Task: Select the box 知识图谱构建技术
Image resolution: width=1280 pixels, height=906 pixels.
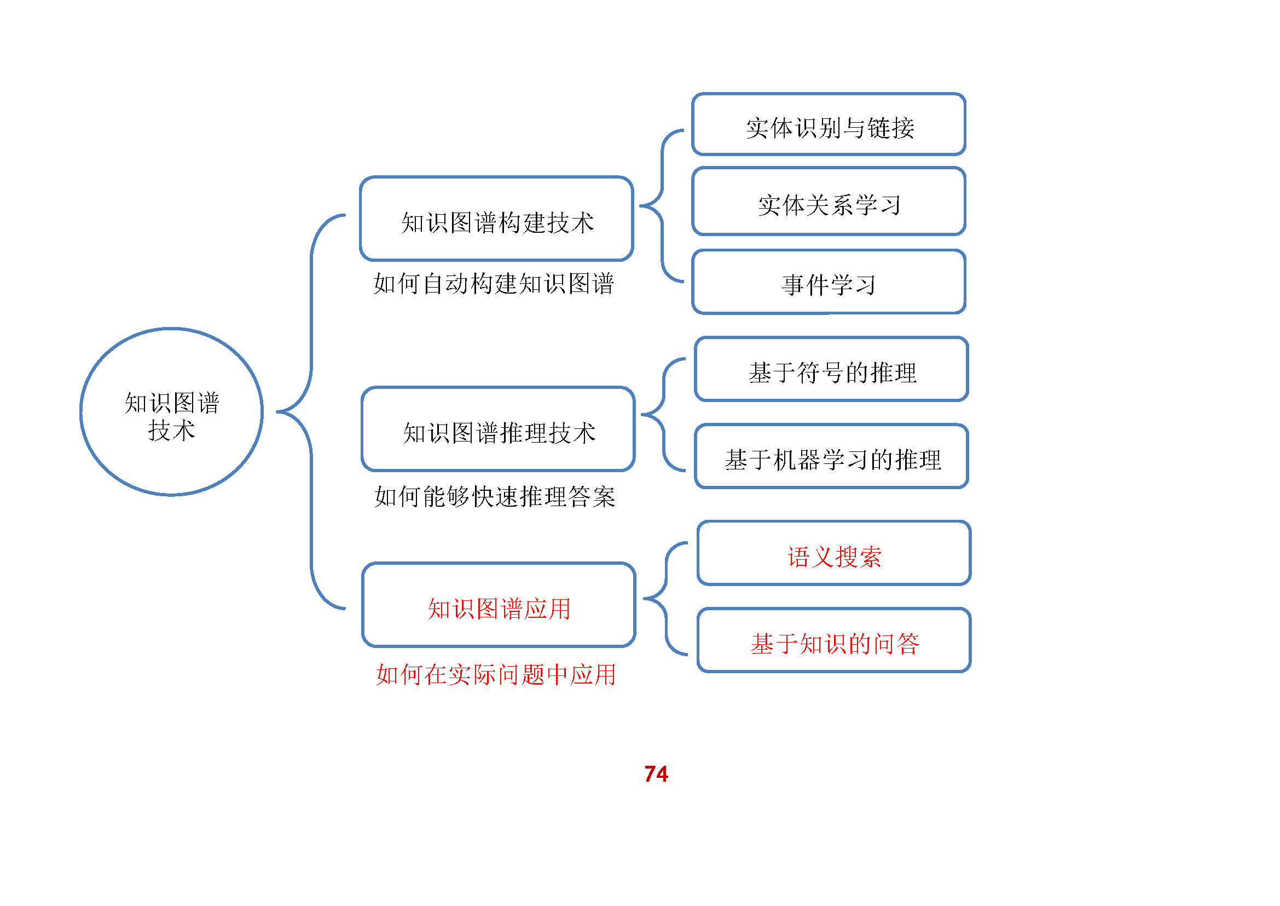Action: point(496,219)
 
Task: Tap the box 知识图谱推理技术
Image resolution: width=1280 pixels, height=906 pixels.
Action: point(498,429)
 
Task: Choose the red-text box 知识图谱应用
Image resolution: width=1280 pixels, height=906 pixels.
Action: point(499,605)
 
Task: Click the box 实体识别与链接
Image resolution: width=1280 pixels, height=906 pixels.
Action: point(829,124)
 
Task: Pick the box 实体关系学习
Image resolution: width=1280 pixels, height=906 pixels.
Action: point(829,202)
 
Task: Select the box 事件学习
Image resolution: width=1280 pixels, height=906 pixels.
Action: point(829,282)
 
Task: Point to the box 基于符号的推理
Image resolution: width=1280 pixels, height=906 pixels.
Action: point(831,369)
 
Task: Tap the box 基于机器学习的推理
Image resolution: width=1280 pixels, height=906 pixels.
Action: point(831,456)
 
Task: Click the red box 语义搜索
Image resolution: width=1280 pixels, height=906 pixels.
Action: point(834,553)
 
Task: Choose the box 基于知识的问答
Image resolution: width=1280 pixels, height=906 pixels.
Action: point(834,640)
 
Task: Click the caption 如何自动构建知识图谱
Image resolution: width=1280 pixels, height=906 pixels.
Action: point(494,284)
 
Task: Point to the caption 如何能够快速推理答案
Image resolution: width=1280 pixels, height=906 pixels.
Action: point(495,496)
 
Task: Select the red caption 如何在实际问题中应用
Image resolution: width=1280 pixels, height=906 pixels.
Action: point(496,675)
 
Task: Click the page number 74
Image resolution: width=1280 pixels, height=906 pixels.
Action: point(656,774)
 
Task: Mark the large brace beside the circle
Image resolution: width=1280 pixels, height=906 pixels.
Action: point(311,412)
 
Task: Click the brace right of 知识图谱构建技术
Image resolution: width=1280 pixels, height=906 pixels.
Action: point(662,206)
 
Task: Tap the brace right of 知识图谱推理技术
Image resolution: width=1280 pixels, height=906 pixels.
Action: point(663,415)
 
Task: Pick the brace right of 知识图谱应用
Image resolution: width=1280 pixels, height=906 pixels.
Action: point(665,598)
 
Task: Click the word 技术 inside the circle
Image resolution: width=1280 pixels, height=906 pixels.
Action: point(171,431)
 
